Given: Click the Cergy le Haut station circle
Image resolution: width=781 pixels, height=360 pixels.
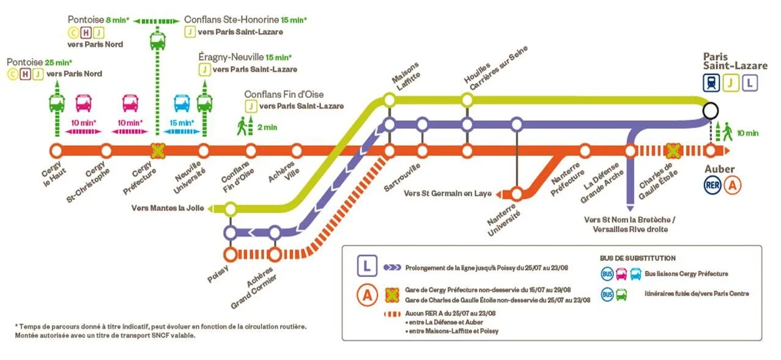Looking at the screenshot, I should [x=56, y=150].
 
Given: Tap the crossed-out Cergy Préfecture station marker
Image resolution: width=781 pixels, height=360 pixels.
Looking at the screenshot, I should [x=158, y=150].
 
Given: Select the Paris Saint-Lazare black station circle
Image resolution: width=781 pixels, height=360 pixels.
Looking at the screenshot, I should [x=710, y=111].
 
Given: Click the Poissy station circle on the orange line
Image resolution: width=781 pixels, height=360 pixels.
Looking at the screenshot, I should [x=231, y=254].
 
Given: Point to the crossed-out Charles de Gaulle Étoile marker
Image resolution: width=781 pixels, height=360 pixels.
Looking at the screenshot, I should [x=673, y=150].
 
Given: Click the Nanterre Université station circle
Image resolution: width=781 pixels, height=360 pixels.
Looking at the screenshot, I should [x=517, y=194].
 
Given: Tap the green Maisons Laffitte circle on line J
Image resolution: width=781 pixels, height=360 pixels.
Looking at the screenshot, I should [x=389, y=99].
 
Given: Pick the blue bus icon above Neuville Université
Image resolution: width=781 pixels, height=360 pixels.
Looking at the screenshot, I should [x=182, y=103].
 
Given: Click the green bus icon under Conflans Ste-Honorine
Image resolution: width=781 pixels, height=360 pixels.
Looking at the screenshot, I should [x=158, y=42].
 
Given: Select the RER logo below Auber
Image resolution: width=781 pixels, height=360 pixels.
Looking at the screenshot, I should [x=712, y=185].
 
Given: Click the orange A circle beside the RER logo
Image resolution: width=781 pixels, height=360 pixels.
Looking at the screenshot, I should [x=733, y=185].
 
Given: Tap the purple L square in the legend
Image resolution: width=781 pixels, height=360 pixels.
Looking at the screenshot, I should [x=367, y=266].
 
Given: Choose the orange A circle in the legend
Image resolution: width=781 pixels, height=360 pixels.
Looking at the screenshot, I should [x=367, y=295].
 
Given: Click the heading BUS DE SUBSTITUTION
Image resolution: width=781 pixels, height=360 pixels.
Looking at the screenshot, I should [x=637, y=259].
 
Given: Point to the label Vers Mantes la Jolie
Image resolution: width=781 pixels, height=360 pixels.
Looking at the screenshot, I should [x=169, y=208].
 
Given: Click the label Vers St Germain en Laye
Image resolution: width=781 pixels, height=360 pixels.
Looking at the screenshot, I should [x=448, y=194].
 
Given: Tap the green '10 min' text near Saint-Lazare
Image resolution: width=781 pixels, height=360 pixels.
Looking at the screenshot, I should [x=747, y=133].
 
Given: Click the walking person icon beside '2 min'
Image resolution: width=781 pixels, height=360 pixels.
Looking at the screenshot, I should [x=243, y=125].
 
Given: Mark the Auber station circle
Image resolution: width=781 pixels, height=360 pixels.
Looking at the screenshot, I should [x=710, y=150].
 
